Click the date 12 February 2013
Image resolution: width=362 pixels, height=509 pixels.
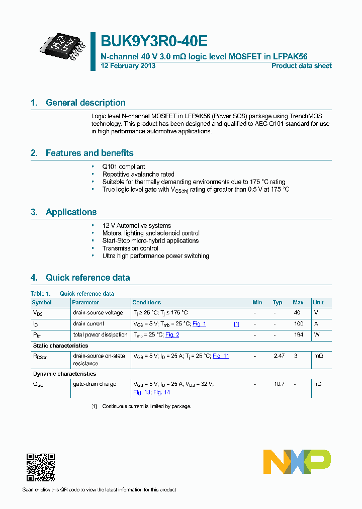pos(128,66)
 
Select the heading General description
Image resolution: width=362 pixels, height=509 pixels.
pos(85,103)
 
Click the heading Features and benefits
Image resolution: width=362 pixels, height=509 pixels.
pos(89,153)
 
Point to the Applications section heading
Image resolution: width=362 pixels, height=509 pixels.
pos(71,212)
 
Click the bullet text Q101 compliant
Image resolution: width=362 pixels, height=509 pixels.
pos(124,166)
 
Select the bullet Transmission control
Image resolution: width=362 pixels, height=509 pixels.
pos(130,248)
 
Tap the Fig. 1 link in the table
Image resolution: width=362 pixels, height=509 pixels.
pos(199,324)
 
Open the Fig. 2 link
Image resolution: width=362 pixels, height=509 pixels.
pos(172,335)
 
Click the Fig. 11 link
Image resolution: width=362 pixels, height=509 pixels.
pos(221,356)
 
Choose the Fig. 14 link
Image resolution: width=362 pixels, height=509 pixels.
pos(161,392)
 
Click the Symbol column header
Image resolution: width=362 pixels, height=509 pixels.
pos(42,302)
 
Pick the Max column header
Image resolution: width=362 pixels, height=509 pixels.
pos(298,302)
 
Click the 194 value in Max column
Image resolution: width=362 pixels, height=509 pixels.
pos(298,335)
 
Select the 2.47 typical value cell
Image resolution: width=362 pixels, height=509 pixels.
pos(279,356)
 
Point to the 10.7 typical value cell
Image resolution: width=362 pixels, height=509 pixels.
pos(279,384)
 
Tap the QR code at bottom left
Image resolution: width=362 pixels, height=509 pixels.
pos(40,468)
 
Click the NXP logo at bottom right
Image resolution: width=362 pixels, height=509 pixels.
pos(297,462)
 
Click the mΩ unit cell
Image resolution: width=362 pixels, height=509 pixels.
pos(318,356)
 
